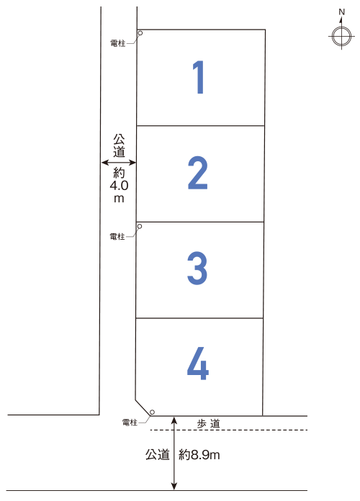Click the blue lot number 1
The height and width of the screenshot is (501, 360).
[x=199, y=77]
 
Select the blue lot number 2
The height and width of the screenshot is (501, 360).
[x=197, y=173]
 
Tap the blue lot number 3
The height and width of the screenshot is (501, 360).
[x=197, y=268]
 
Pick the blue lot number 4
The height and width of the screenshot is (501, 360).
[x=198, y=364]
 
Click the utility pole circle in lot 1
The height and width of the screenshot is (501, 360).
[x=140, y=33]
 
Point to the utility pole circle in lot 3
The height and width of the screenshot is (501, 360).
[x=140, y=226]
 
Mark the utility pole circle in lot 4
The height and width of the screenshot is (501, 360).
[x=152, y=412]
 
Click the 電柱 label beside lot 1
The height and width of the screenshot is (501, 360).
[x=117, y=43]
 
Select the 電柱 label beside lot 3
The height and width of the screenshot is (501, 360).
[x=117, y=236]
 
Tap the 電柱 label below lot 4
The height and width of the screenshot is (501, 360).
[x=130, y=423]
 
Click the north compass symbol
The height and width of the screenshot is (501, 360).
[x=341, y=36]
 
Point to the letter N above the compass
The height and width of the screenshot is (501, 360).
[x=342, y=12]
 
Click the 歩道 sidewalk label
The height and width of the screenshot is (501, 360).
[x=209, y=424]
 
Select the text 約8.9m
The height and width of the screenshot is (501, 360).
[x=199, y=455]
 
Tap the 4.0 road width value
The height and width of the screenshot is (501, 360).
[x=119, y=185]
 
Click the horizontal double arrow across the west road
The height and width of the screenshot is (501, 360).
[x=119, y=163]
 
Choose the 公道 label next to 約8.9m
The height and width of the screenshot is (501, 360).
[x=157, y=455]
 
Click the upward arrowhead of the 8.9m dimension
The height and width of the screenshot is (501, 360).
[x=174, y=420]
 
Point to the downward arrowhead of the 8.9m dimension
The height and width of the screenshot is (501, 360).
[x=174, y=487]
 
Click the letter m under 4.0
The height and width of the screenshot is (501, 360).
[x=119, y=199]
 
